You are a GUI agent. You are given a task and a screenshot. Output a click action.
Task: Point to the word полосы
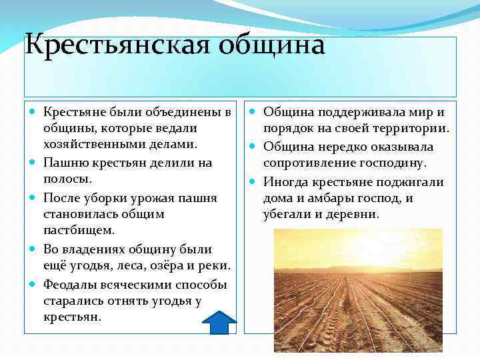point(66,179)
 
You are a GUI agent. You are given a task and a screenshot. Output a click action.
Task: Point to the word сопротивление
point(307,163)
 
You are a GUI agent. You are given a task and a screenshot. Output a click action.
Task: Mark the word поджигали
point(412,181)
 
